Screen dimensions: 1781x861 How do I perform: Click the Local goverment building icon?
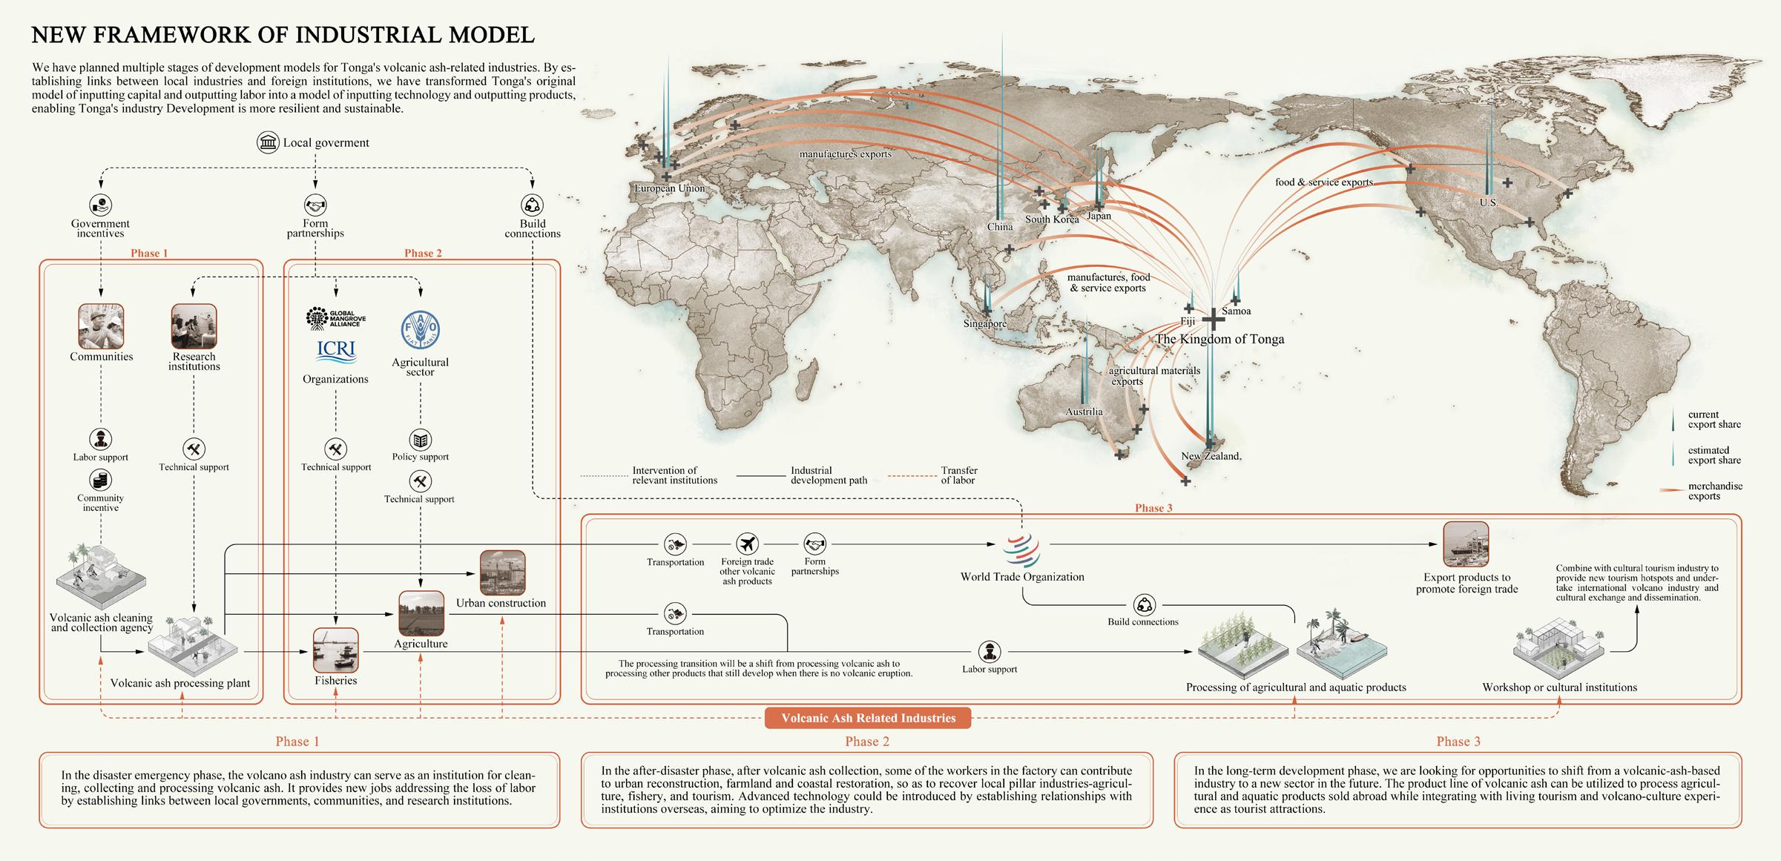click(x=268, y=142)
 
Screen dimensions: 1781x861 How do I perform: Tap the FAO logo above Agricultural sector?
click(x=420, y=329)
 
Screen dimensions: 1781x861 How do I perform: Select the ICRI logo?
click(x=335, y=351)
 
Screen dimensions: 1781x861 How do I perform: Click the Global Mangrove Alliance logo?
click(x=335, y=319)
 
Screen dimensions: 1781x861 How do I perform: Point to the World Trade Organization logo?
click(x=1021, y=550)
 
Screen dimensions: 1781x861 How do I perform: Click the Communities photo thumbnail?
click(x=101, y=326)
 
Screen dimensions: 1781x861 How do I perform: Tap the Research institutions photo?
click(x=194, y=326)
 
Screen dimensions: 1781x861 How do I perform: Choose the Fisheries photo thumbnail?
click(x=336, y=650)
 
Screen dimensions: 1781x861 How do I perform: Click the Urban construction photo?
click(x=502, y=573)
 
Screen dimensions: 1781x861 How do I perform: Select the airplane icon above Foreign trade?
click(x=747, y=544)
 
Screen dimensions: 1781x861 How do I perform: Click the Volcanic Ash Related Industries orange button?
click(x=868, y=718)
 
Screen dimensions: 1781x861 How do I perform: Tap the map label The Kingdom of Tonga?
click(x=1219, y=339)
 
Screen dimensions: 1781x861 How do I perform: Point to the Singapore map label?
click(x=985, y=323)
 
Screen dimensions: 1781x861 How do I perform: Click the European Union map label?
click(x=669, y=188)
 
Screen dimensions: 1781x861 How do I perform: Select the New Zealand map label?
click(x=1211, y=456)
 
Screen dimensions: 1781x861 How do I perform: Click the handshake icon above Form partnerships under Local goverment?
click(x=315, y=205)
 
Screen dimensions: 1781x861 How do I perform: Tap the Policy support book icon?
click(x=421, y=441)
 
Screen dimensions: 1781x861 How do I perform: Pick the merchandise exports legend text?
click(x=1715, y=491)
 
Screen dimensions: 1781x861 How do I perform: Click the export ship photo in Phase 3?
click(x=1466, y=544)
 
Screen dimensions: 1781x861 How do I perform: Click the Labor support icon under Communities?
click(x=101, y=439)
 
